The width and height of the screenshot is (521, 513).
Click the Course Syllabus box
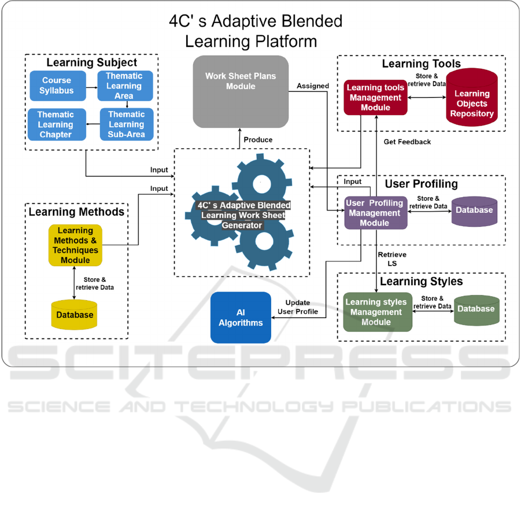coord(57,86)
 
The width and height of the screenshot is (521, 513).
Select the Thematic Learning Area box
coord(124,86)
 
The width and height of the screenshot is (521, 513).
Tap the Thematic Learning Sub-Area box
coord(127,124)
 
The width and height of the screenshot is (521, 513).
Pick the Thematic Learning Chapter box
coord(56,124)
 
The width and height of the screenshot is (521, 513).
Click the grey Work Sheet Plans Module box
coord(241,91)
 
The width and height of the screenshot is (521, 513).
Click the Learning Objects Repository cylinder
coord(472,99)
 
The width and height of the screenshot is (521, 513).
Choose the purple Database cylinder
coord(474,210)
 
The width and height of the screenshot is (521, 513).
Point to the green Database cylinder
coord(476,309)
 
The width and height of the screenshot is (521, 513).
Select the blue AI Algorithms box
coord(241,318)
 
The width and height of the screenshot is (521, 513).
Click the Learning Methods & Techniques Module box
coord(75,245)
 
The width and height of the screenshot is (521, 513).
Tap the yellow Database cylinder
coord(75,315)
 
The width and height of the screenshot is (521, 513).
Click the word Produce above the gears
coord(258,140)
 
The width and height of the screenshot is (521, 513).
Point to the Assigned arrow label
coord(313,86)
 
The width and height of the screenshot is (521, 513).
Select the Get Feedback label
coord(407,142)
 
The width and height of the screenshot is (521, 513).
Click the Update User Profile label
coord(298,307)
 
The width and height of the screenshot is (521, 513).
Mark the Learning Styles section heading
coord(420,282)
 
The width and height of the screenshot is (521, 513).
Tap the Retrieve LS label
coord(391,259)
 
